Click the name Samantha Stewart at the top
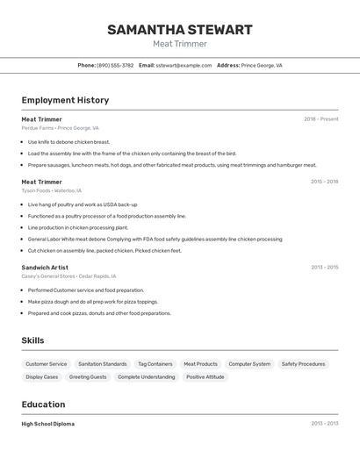click(x=179, y=30)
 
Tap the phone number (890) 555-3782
click(x=115, y=65)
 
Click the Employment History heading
click(x=65, y=100)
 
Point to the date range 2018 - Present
click(x=320, y=119)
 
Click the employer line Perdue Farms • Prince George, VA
click(x=61, y=128)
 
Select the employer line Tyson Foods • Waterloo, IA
click(x=52, y=190)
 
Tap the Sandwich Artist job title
click(x=45, y=268)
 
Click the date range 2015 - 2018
click(x=324, y=182)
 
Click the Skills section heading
click(x=32, y=340)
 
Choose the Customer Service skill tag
click(x=46, y=364)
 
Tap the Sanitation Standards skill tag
click(x=102, y=364)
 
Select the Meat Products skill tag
click(x=200, y=364)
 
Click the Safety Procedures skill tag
click(x=303, y=364)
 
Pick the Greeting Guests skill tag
click(x=88, y=377)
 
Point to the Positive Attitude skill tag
click(x=205, y=377)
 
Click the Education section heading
click(x=43, y=404)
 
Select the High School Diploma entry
click(x=48, y=424)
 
